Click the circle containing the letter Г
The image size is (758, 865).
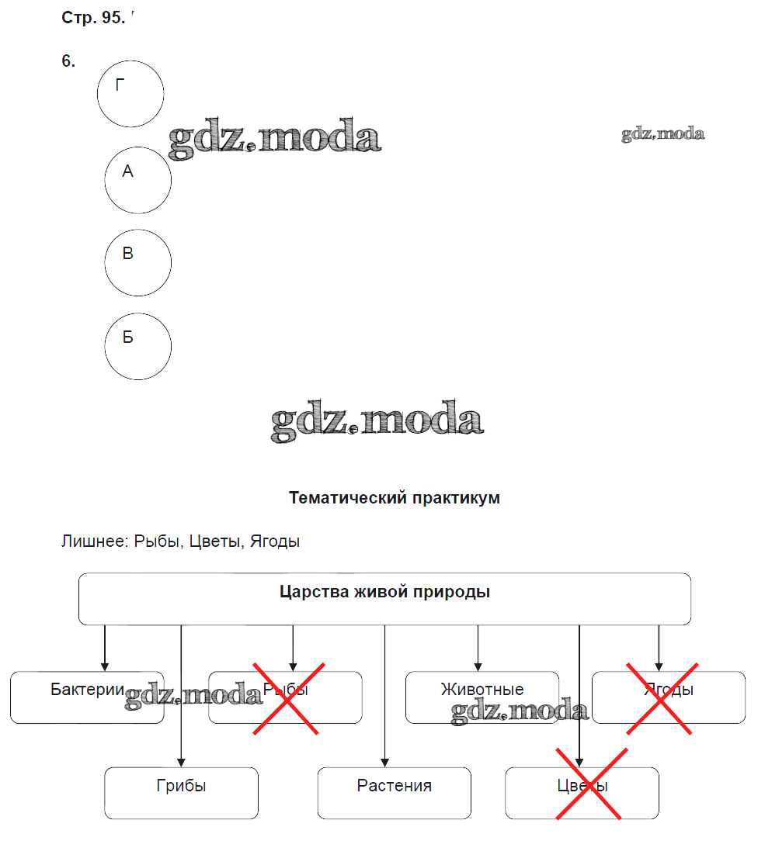130,94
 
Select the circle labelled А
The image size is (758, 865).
137,180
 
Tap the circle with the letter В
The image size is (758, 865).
137,262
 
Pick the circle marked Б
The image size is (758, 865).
137,346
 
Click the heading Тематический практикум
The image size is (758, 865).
394,498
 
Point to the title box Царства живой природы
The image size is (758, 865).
384,598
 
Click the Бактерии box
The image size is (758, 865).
87,697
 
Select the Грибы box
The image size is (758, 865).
181,793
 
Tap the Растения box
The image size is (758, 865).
394,793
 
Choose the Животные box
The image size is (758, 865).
482,697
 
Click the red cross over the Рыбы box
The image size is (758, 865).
288,697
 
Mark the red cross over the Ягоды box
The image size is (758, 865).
660,697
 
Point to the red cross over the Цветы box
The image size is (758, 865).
587,783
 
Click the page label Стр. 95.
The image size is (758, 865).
92,18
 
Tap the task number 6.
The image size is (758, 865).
68,61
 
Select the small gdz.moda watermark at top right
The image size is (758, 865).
662,134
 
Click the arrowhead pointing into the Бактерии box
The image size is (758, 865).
105,666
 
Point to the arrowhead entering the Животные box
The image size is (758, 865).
478,666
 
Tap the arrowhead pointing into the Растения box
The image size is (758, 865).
384,763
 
